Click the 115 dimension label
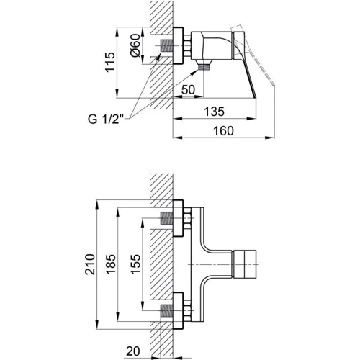[110, 62]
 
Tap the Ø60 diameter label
[135, 45]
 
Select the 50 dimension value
[188, 90]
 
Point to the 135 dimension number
[214, 112]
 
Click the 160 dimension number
[223, 131]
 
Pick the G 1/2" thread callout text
[106, 119]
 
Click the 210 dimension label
[90, 264]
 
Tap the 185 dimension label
[111, 264]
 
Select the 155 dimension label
[135, 264]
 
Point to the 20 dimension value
[132, 351]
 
